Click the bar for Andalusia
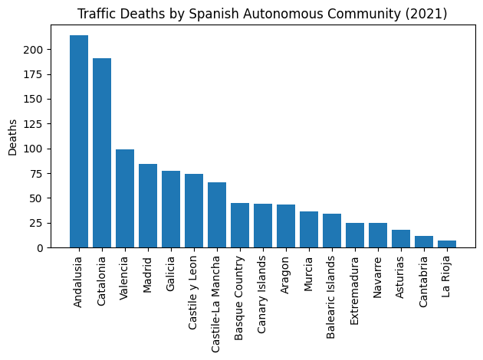click(x=79, y=142)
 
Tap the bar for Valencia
click(x=125, y=198)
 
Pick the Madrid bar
click(x=148, y=206)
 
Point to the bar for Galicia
click(x=171, y=209)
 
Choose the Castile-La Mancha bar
click(x=217, y=215)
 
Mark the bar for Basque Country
click(x=240, y=225)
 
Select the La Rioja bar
click(x=447, y=244)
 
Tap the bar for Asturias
click(x=401, y=239)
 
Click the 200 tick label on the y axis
click(x=42, y=50)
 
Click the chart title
click(x=262, y=14)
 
